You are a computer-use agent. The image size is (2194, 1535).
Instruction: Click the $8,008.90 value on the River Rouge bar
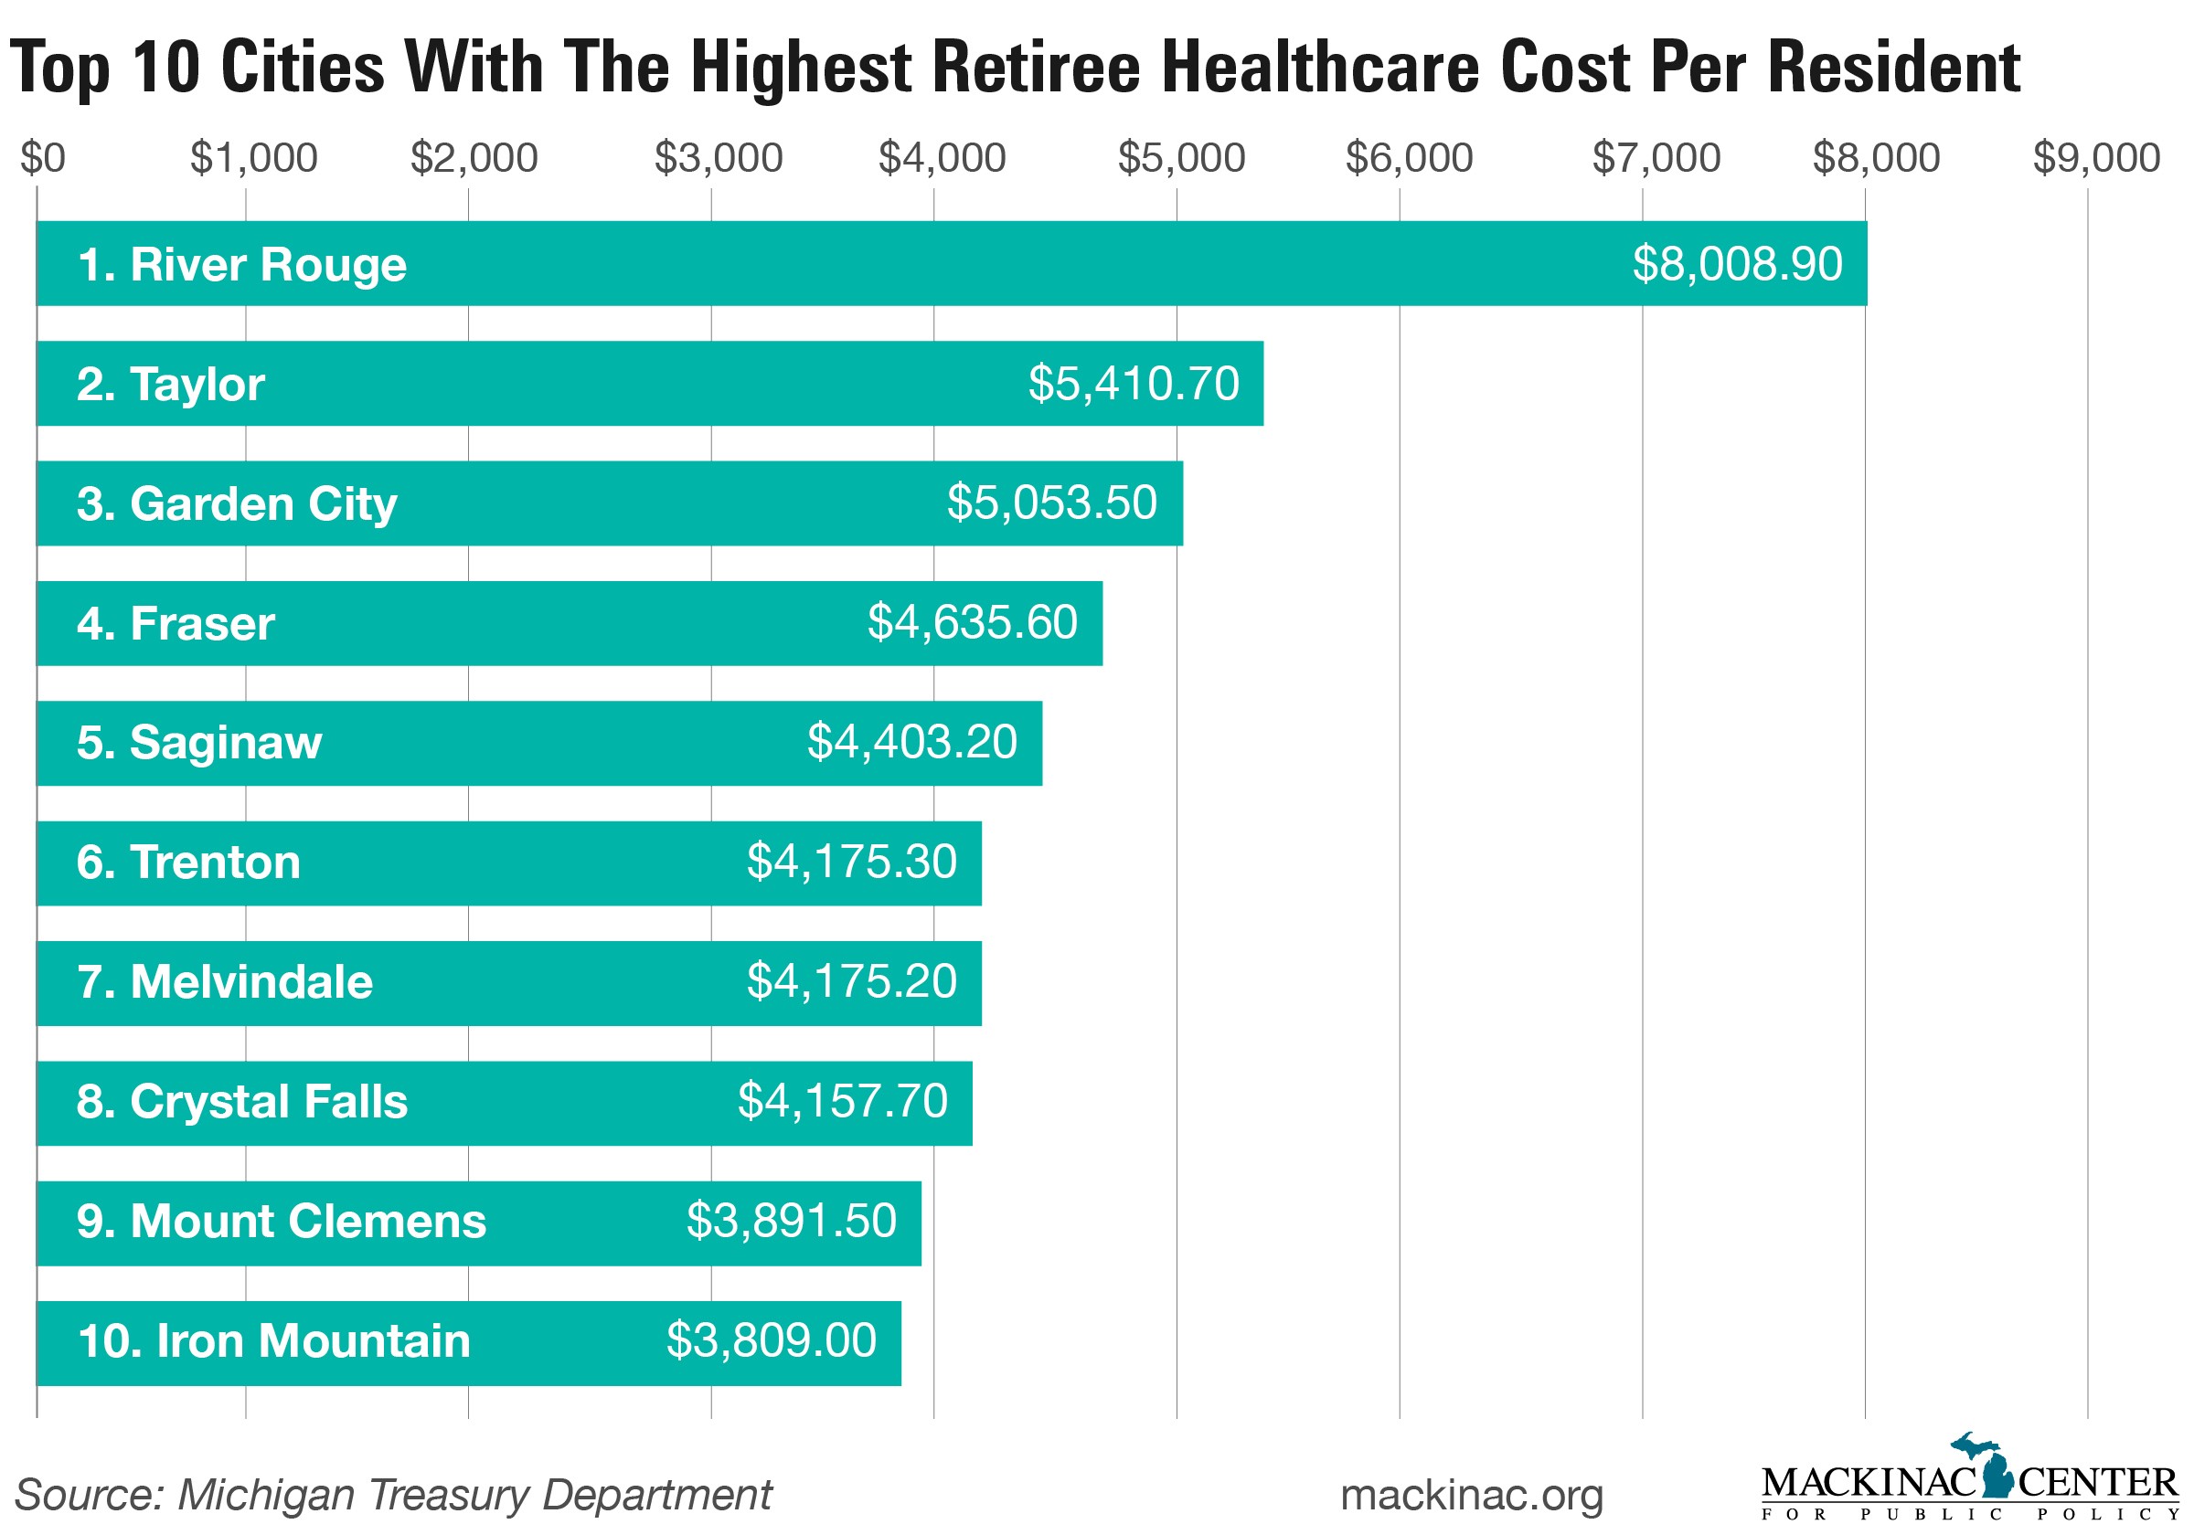pyautogui.click(x=1736, y=264)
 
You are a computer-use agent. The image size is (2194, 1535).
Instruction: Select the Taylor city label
pyautogui.click(x=170, y=384)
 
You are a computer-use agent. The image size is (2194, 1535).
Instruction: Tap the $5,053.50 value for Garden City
pyautogui.click(x=1051, y=503)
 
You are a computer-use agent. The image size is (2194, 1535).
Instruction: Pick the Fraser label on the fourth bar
pyautogui.click(x=176, y=624)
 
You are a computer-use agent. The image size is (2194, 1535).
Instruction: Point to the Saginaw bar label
pyautogui.click(x=198, y=742)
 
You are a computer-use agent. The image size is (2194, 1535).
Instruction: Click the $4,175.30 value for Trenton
pyautogui.click(x=850, y=862)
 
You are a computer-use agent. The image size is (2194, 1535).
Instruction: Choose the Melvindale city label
pyautogui.click(x=225, y=982)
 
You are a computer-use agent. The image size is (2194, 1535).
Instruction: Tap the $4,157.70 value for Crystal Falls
pyautogui.click(x=842, y=1100)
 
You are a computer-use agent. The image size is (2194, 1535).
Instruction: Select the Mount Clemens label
pyautogui.click(x=281, y=1221)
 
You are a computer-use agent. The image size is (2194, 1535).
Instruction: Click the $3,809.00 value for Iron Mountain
pyautogui.click(x=771, y=1340)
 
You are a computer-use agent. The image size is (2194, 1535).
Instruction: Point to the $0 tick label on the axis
pyautogui.click(x=43, y=157)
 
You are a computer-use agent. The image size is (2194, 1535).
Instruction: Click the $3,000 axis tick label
pyautogui.click(x=719, y=157)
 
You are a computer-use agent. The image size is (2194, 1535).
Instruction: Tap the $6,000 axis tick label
pyautogui.click(x=1409, y=157)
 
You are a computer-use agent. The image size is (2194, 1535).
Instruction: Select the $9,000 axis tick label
pyautogui.click(x=2095, y=157)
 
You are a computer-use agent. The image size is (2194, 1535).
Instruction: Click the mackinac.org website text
pyautogui.click(x=1471, y=1495)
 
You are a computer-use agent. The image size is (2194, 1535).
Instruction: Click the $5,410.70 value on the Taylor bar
pyautogui.click(x=1134, y=384)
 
